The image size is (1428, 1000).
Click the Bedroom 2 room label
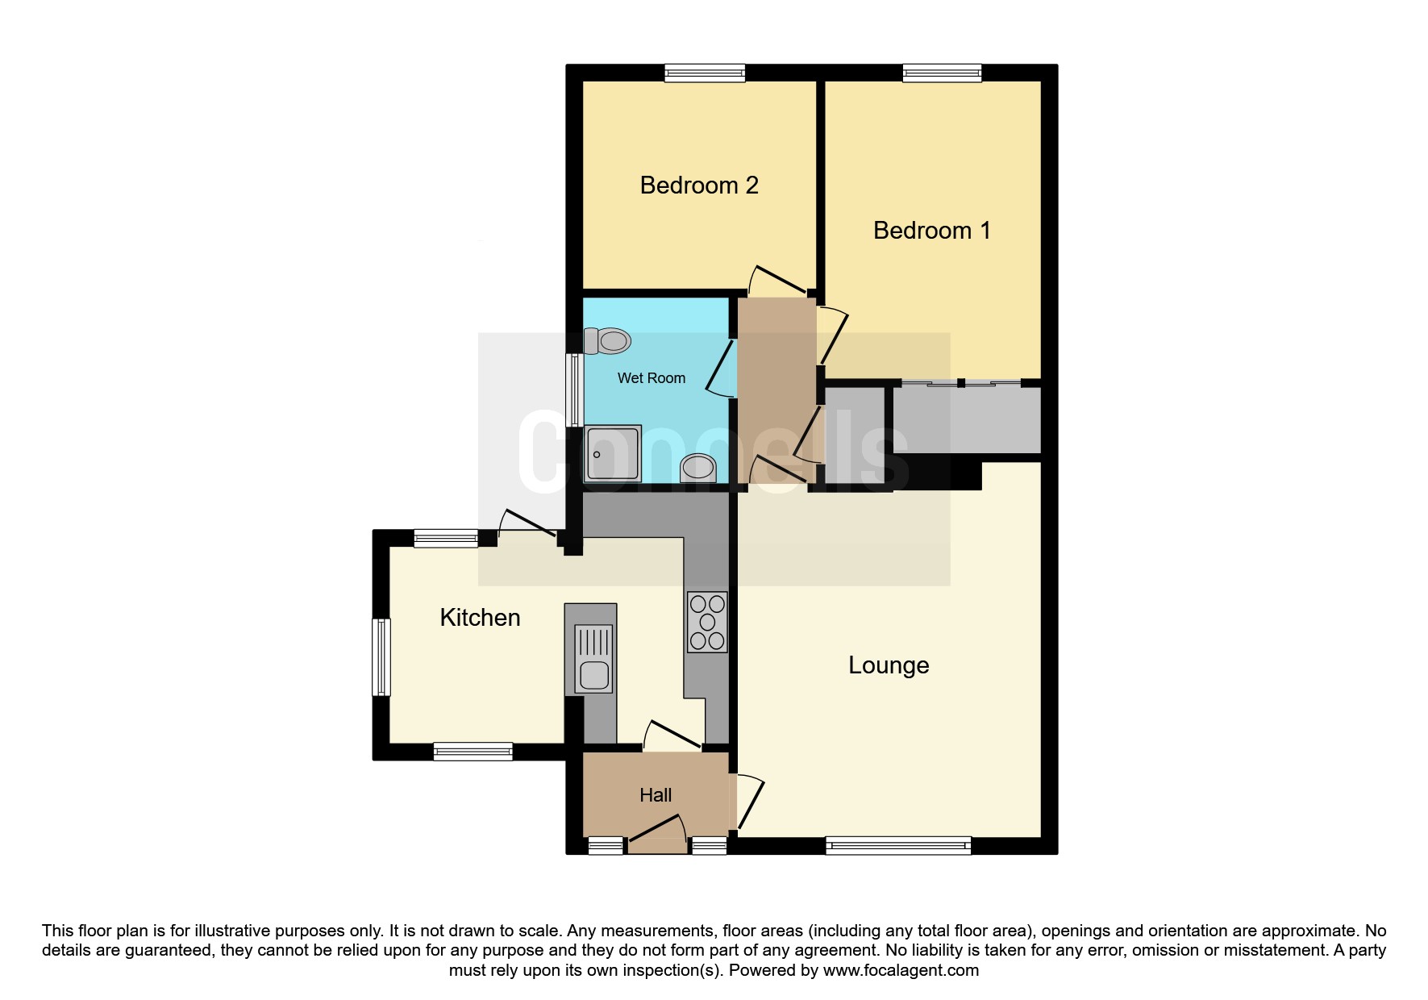tap(699, 185)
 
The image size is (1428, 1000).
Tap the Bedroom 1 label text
tap(931, 231)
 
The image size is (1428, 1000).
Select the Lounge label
tap(889, 665)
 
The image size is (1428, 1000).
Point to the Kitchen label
tap(480, 618)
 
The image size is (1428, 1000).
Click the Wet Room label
tap(652, 378)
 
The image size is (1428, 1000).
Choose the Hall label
tap(656, 795)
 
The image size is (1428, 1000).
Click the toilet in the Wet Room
tap(606, 341)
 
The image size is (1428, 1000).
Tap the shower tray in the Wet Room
tap(613, 453)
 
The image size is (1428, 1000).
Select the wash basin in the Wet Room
tap(698, 468)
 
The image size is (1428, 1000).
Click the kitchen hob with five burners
tap(707, 622)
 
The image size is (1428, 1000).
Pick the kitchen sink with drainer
tap(593, 659)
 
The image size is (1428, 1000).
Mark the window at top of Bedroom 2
tap(705, 73)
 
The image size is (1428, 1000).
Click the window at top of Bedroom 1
tap(942, 73)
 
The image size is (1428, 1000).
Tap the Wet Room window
tap(575, 390)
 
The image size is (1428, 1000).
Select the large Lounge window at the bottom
tap(898, 846)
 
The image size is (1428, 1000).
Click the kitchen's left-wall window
tap(381, 656)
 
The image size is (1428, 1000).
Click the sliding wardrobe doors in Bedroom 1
tap(961, 384)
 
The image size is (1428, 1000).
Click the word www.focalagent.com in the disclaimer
tap(901, 970)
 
